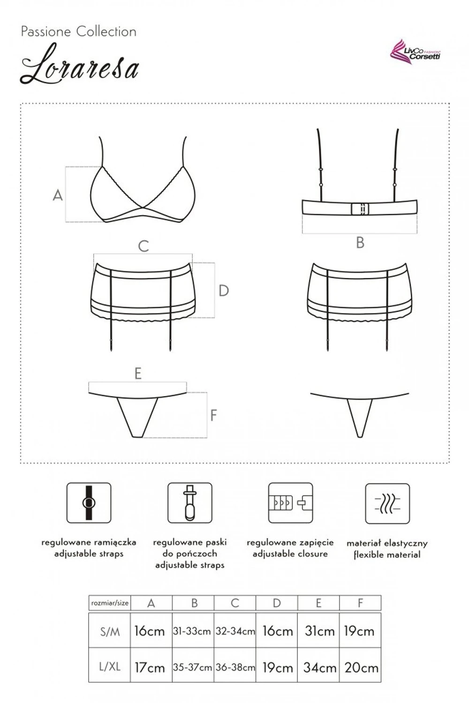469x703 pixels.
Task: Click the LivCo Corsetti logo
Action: click(415, 52)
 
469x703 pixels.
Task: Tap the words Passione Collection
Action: click(78, 32)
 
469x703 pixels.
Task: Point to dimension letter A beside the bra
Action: click(58, 195)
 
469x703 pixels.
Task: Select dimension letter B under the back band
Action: click(360, 243)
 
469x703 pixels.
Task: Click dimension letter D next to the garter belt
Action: click(223, 291)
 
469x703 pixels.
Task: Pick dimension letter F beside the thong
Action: click(213, 415)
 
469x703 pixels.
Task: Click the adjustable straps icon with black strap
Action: click(89, 503)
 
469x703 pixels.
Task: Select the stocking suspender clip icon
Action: click(190, 503)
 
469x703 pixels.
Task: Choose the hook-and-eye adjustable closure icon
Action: click(290, 503)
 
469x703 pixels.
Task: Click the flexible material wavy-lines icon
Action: click(387, 503)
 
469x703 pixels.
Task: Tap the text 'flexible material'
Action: click(387, 554)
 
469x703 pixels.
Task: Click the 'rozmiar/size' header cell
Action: click(110, 603)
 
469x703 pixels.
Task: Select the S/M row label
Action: click(110, 631)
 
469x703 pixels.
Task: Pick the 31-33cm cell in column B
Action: click(192, 631)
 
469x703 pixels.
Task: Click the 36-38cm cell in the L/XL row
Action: click(235, 667)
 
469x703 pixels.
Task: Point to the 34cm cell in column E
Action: click(319, 667)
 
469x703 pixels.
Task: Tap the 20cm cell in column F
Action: click(361, 667)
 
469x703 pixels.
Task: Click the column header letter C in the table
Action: click(234, 603)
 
